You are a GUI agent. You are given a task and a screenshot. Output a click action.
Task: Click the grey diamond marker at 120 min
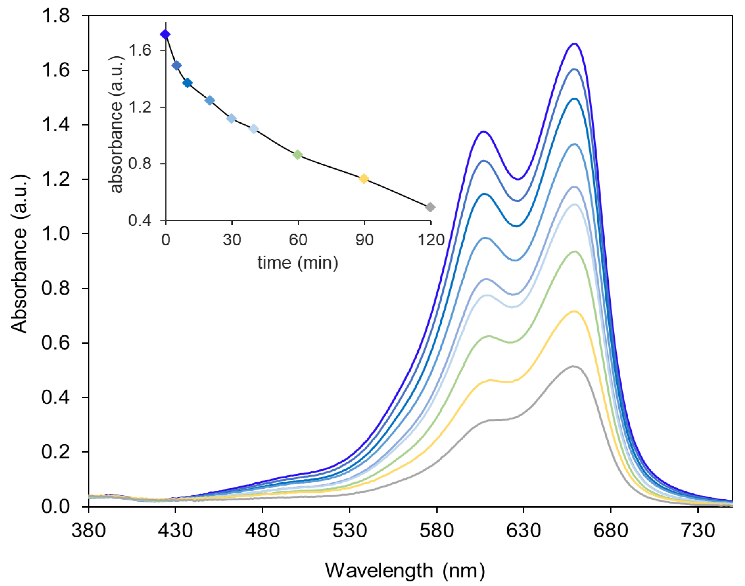point(430,207)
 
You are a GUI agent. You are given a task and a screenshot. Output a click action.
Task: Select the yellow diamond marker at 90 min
point(364,178)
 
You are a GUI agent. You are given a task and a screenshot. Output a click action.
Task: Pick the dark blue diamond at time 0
point(165,34)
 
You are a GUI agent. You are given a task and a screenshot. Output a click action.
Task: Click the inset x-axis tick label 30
point(232,240)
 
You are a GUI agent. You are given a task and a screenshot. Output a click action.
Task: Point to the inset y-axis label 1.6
point(140,50)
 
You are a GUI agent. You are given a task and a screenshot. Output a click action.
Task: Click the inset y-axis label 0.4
point(140,220)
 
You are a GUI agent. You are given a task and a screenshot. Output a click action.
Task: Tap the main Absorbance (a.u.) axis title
point(19,254)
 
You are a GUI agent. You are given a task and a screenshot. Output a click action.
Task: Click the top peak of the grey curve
point(573,366)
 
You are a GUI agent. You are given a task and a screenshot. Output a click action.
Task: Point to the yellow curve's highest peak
point(574,311)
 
